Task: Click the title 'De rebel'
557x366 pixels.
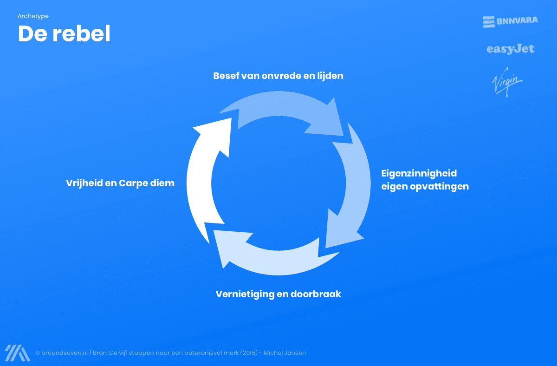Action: [64, 34]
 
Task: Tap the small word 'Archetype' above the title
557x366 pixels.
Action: [33, 16]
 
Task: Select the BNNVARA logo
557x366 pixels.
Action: [510, 21]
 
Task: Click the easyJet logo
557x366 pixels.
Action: [511, 49]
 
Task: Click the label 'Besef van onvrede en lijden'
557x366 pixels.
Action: [278, 76]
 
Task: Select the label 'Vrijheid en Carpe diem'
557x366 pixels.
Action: [120, 183]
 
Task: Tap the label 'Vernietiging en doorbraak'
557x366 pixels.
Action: [278, 294]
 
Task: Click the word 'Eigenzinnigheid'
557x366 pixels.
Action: [419, 173]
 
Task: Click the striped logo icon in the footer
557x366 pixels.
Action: [17, 353]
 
